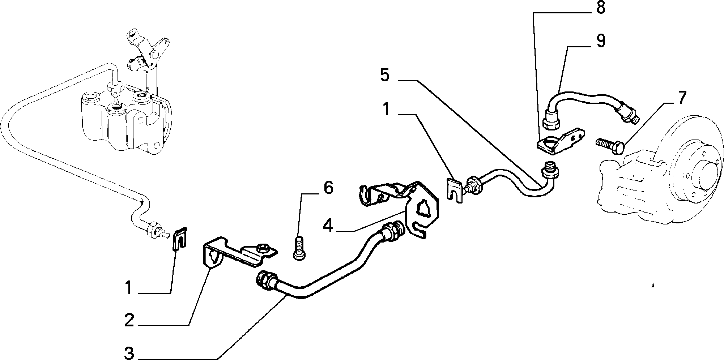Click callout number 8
pyautogui.click(x=600, y=8)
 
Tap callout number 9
pyautogui.click(x=600, y=41)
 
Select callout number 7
pyautogui.click(x=681, y=98)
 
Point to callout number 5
pyautogui.click(x=385, y=75)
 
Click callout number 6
pyautogui.click(x=328, y=188)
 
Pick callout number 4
pyautogui.click(x=328, y=226)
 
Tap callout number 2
pyautogui.click(x=129, y=320)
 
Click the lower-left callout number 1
pyautogui.click(x=128, y=288)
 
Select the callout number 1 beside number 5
pyautogui.click(x=387, y=109)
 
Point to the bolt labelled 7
pyautogui.click(x=610, y=146)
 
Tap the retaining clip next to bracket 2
pyautogui.click(x=179, y=239)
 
